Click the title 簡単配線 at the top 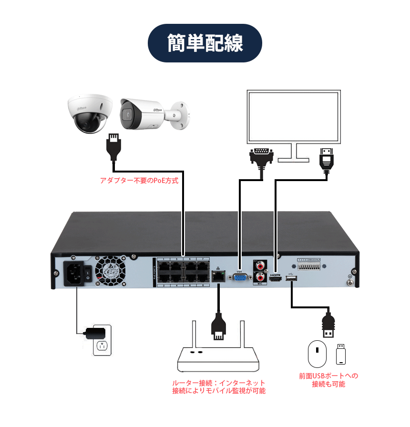coord(205,43)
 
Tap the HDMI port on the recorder coord(276,282)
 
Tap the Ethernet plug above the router coord(218,326)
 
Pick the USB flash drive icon coord(340,354)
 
